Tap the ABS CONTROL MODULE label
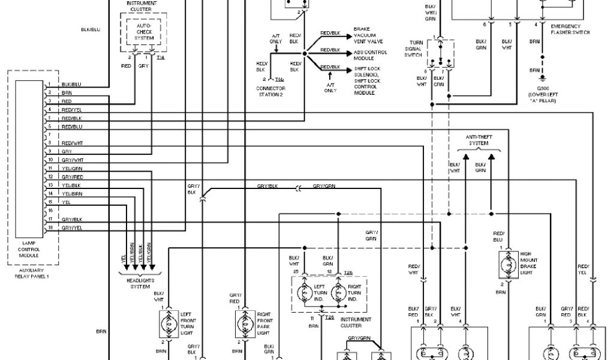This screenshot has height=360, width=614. [x=370, y=55]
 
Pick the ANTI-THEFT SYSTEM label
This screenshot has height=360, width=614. [x=478, y=140]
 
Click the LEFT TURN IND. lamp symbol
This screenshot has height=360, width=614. [x=305, y=292]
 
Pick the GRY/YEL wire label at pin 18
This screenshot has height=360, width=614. [x=71, y=228]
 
